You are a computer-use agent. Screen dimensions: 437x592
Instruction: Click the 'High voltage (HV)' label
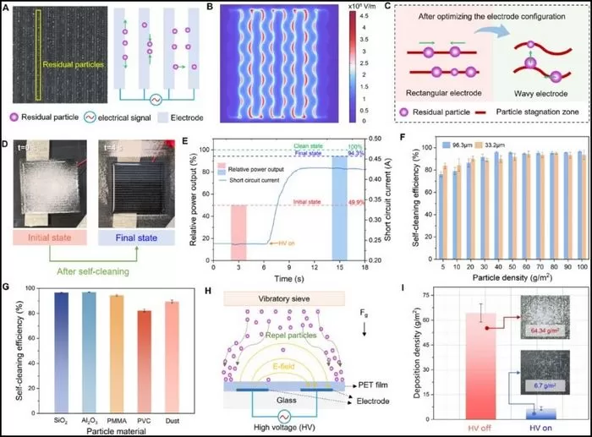click(288, 428)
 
